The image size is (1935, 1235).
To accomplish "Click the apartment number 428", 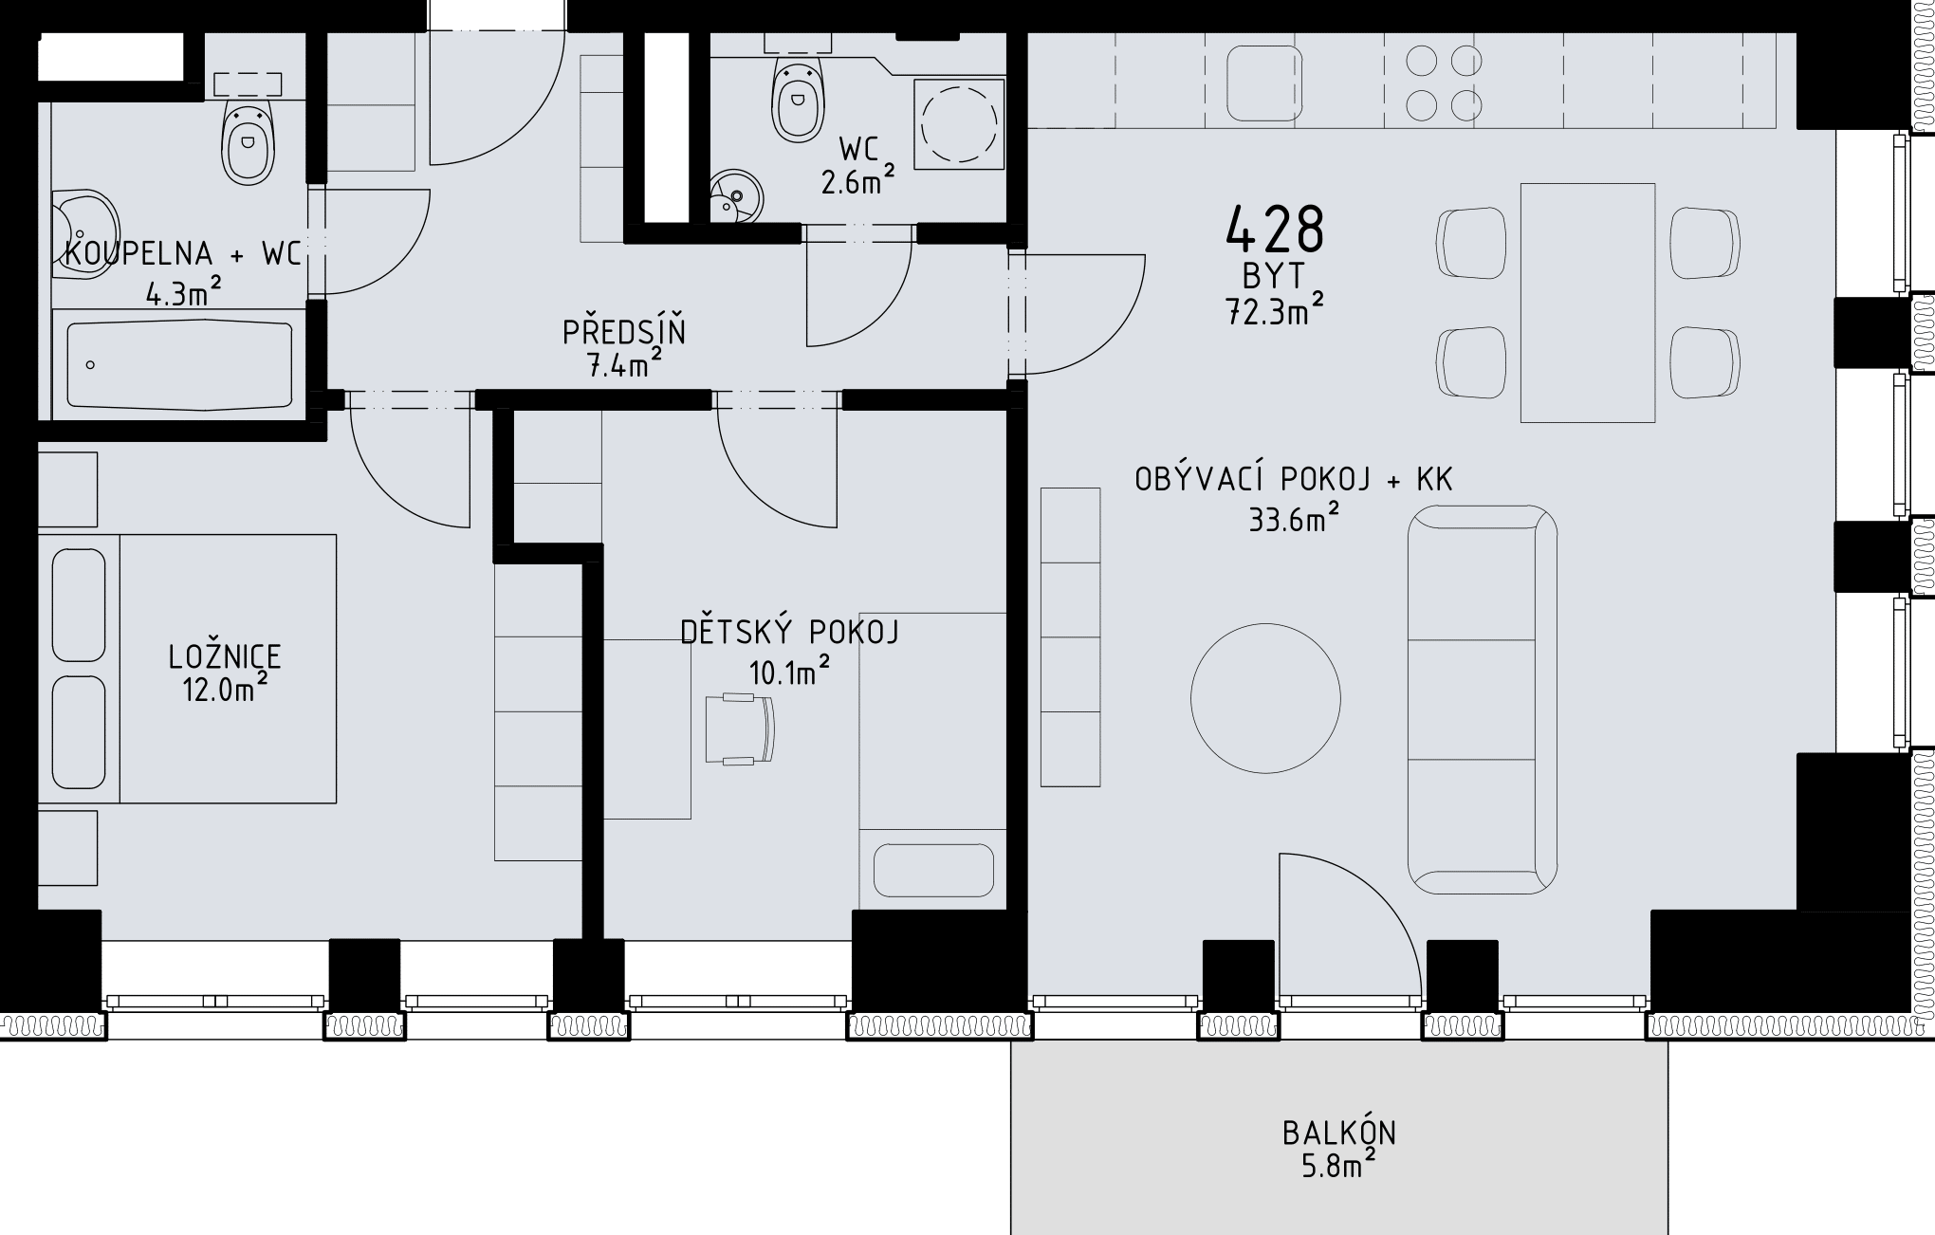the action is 1275,229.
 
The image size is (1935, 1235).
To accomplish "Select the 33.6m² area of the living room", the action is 1294,518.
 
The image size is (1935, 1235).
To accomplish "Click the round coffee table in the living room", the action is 1265,698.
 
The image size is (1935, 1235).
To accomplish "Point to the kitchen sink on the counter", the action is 1264,83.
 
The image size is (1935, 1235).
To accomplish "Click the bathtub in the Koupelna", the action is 179,365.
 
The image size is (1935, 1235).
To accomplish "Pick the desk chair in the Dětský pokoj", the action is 740,728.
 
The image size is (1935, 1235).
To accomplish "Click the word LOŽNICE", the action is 225,656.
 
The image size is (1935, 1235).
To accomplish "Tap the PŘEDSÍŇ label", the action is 624,332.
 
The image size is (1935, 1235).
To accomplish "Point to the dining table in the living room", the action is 1588,303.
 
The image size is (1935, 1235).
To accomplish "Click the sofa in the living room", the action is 1482,700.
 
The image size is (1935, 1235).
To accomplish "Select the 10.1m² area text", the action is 790,672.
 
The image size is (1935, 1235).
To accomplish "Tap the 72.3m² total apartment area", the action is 1275,309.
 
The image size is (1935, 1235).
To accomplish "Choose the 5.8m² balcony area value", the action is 1338,1164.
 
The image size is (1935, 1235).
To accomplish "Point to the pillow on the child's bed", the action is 933,870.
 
